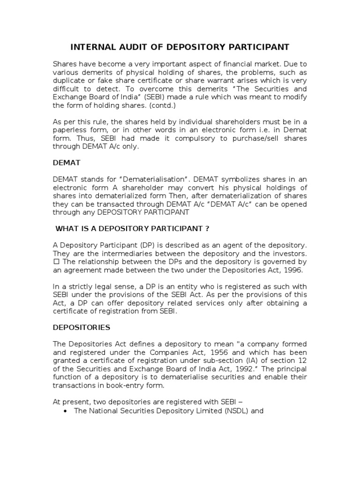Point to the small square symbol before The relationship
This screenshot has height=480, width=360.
(55, 262)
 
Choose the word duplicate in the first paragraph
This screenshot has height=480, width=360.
(69, 80)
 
